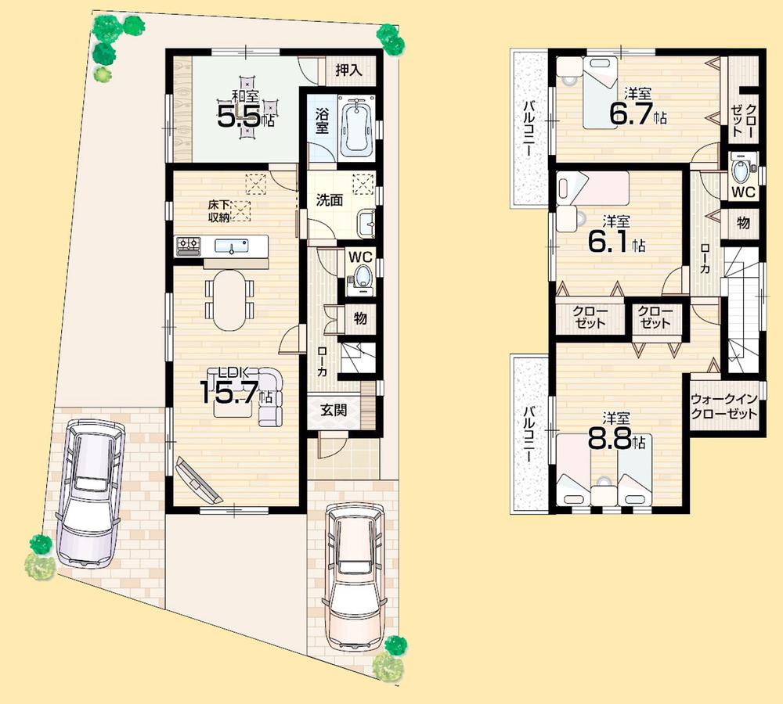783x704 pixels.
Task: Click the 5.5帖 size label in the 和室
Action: pyautogui.click(x=245, y=118)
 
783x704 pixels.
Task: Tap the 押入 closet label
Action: pyautogui.click(x=348, y=70)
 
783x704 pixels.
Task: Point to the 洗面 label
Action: pyautogui.click(x=330, y=199)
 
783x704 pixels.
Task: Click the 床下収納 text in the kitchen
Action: pyautogui.click(x=218, y=210)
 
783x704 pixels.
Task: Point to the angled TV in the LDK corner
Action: pyautogui.click(x=199, y=480)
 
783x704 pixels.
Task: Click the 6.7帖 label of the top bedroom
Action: pyautogui.click(x=637, y=113)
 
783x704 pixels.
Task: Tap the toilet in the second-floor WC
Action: pyautogui.click(x=741, y=170)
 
